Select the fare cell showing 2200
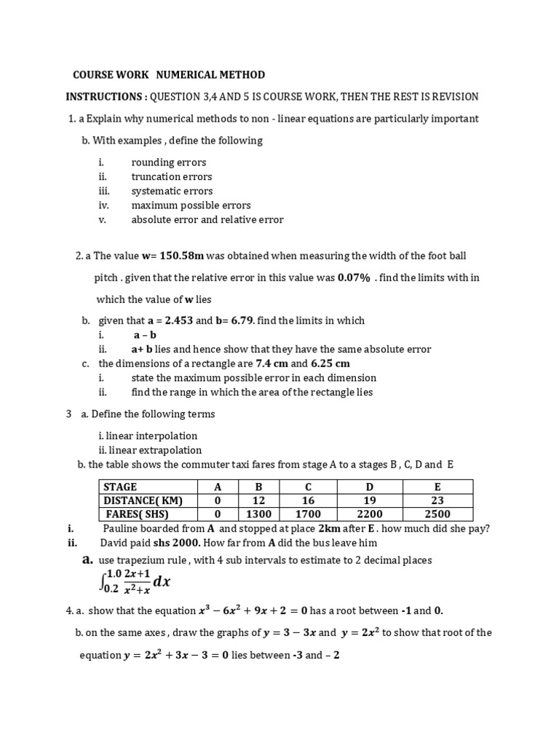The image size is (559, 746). (x=369, y=514)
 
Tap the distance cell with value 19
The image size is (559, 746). (x=369, y=500)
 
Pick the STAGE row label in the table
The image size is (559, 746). (x=121, y=486)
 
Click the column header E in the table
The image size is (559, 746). (x=437, y=486)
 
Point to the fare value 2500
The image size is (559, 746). (x=437, y=514)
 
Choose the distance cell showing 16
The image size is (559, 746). (x=308, y=500)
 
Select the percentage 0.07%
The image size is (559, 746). (x=354, y=278)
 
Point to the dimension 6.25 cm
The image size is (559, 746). (x=330, y=364)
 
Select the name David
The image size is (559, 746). (x=115, y=543)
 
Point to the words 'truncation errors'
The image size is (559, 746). (x=172, y=176)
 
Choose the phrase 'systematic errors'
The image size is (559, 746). (x=172, y=191)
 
